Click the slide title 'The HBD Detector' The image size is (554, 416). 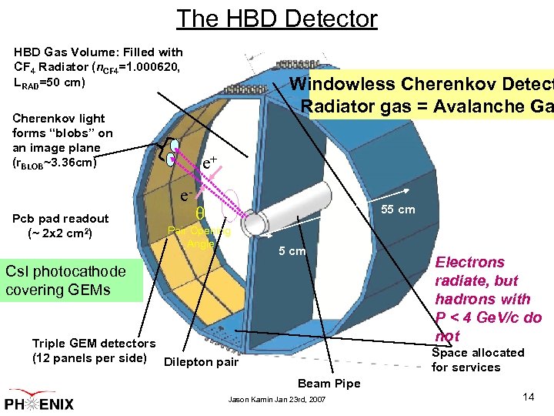click(277, 18)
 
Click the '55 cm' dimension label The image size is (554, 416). click(398, 210)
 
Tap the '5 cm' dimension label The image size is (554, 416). click(291, 251)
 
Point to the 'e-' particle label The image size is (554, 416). click(187, 196)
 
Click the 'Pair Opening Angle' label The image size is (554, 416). click(199, 237)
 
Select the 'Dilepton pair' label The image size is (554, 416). click(201, 362)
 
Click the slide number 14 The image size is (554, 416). click(528, 397)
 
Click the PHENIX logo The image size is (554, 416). click(46, 401)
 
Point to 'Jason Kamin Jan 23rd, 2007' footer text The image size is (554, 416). click(277, 400)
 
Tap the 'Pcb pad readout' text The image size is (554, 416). click(62, 219)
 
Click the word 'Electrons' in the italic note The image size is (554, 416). click(469, 263)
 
